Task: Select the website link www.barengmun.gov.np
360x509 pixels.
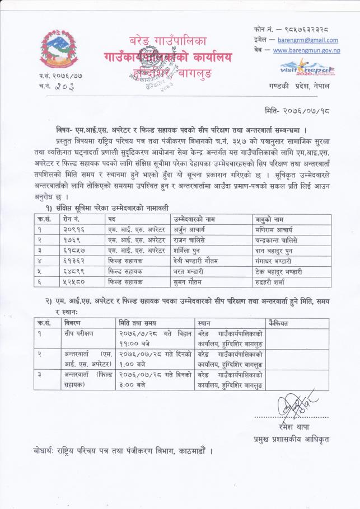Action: pos(307,50)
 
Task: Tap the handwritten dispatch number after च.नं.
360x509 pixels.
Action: pos(66,86)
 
